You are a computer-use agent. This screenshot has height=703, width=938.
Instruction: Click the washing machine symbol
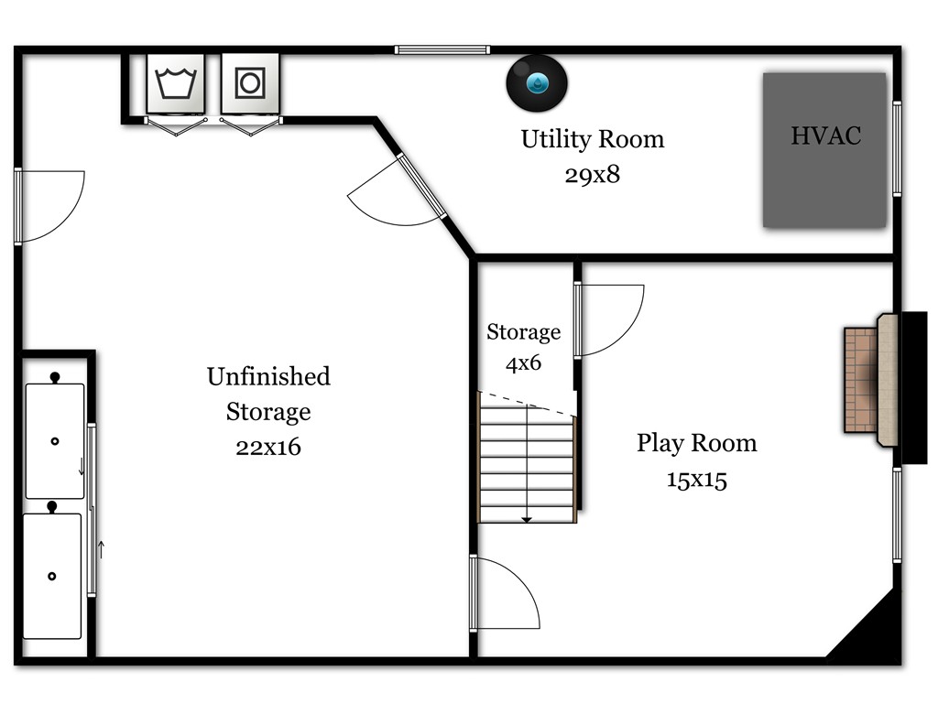point(176,83)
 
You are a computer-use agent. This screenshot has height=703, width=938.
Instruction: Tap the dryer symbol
point(250,83)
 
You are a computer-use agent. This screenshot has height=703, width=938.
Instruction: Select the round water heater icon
point(537,83)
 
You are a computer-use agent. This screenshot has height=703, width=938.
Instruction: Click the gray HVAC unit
point(824,150)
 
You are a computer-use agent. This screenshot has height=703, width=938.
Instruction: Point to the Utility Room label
point(593,139)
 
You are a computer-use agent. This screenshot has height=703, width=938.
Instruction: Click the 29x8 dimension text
point(593,175)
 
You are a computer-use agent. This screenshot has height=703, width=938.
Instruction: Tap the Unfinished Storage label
point(268,394)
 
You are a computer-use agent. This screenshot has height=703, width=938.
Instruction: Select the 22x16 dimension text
point(268,447)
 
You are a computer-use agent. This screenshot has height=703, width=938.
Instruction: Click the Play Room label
point(697,444)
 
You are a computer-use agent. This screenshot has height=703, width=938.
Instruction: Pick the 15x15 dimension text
point(697,480)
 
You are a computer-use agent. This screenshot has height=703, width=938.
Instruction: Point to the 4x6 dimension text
point(523,362)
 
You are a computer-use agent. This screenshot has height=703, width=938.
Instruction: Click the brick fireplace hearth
point(861,379)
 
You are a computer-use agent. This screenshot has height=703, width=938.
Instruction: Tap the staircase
point(527,458)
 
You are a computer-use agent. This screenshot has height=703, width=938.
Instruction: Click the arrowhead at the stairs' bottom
point(527,520)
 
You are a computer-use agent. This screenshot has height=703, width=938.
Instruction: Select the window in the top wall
point(442,50)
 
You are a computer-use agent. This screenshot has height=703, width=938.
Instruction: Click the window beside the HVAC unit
point(897,149)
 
